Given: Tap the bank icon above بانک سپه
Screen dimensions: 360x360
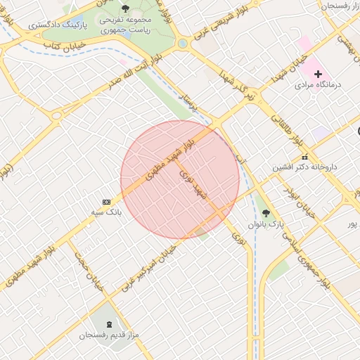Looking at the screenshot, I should coord(106,202).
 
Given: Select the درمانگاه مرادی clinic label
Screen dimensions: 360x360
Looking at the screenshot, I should coord(319,84).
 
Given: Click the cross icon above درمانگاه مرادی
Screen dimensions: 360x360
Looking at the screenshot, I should coord(319,74).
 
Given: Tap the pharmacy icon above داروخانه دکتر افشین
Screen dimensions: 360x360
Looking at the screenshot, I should coord(304,157).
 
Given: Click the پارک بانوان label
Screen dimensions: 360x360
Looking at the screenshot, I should coord(265,224).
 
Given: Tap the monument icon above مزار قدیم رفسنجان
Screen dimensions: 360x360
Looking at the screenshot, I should coord(109,324).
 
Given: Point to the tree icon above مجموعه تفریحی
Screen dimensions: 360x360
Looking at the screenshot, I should coord(125,9).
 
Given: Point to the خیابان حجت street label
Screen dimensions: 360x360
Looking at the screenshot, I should coord(89,278).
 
